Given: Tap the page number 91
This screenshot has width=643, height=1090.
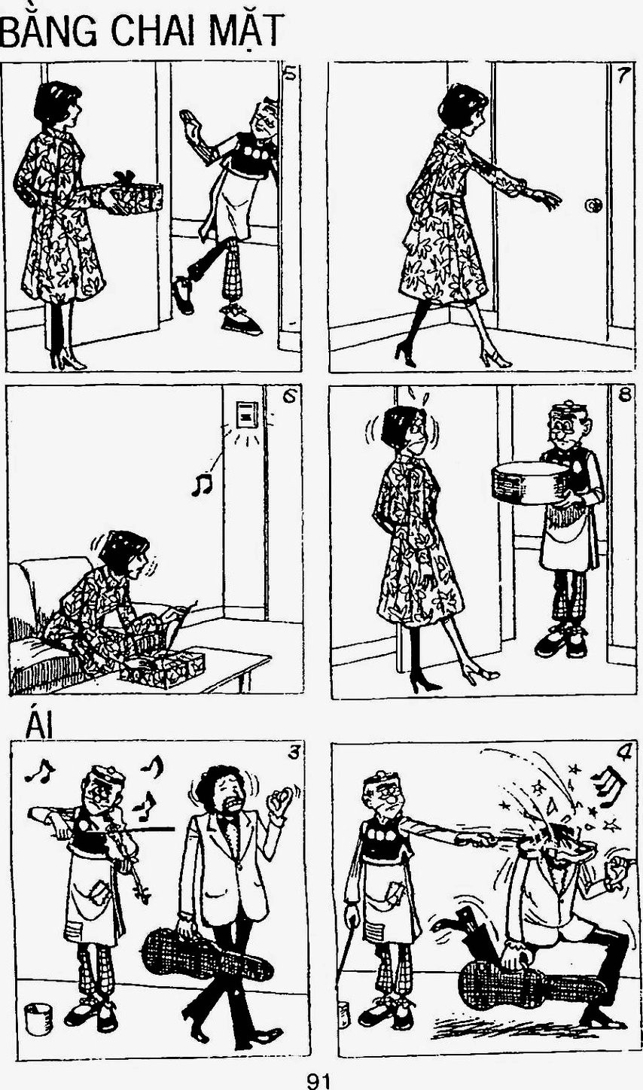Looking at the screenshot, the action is tap(318, 1081).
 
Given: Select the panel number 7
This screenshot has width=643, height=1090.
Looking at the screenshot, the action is tap(623, 75).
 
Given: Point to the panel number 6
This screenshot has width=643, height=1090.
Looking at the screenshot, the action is tap(288, 397).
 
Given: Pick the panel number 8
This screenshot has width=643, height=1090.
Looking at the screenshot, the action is tap(624, 396).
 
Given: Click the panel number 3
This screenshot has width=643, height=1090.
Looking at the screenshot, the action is tap(293, 753).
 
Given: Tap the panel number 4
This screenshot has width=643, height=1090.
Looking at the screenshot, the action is tap(623, 753).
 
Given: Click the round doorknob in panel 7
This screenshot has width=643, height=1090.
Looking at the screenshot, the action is tap(593, 206).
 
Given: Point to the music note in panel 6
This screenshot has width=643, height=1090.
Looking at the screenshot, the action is tap(201, 485).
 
